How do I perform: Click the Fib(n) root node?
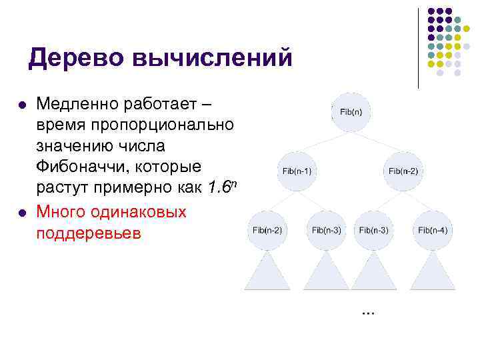point(351,111)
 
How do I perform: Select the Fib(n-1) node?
point(297,171)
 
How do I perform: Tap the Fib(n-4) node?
point(433,230)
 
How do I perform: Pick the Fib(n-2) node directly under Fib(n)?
point(403,171)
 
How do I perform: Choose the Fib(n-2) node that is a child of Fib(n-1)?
point(267,230)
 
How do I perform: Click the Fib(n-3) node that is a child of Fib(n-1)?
point(326,230)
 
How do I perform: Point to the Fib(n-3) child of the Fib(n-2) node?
point(373,230)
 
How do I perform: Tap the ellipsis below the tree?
point(367,312)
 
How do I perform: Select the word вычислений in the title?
point(213,57)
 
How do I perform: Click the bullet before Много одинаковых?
point(22,213)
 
